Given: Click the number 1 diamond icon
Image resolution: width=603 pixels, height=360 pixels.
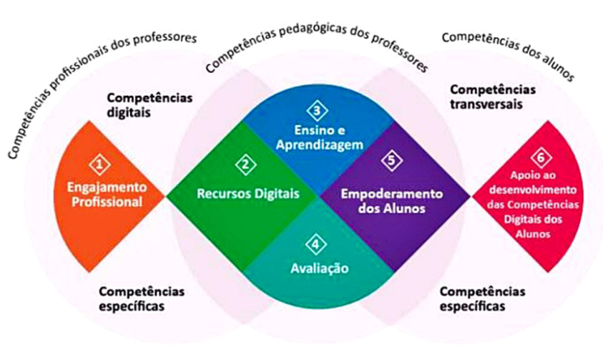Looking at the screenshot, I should [102, 165].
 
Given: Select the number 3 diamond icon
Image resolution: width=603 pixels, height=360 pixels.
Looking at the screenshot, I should [317, 111].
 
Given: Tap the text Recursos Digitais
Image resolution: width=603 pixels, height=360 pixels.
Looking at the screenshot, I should [248, 193].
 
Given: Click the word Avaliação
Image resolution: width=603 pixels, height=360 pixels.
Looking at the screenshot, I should [319, 269].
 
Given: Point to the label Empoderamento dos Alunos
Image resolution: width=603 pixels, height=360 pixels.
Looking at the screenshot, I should [391, 201].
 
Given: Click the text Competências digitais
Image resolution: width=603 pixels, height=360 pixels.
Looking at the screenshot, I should [150, 104].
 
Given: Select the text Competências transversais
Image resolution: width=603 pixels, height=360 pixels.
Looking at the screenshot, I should [492, 97].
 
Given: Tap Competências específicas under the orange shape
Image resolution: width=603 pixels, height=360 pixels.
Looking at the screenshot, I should [142, 299].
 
